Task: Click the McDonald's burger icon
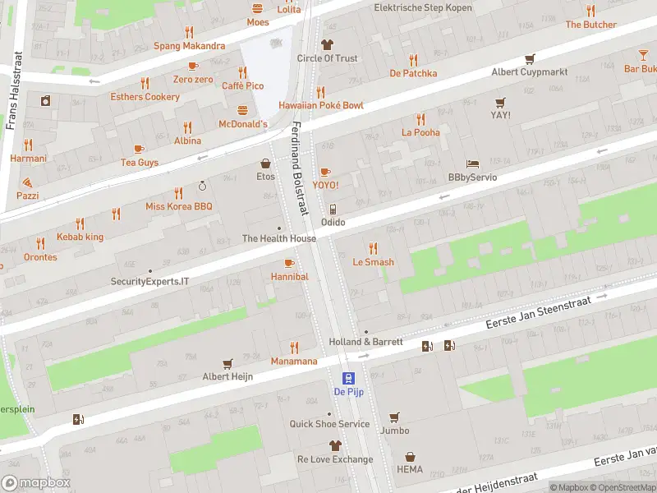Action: pyautogui.click(x=242, y=110)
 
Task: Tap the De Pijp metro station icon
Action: pyautogui.click(x=349, y=378)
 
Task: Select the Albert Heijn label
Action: pyautogui.click(x=227, y=376)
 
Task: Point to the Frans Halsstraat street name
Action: pyautogui.click(x=11, y=92)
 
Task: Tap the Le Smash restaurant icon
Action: pyautogui.click(x=373, y=248)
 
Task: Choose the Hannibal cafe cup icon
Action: pyautogui.click(x=288, y=263)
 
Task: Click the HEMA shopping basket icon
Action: pyautogui.click(x=410, y=457)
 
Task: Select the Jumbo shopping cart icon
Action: pyautogui.click(x=394, y=417)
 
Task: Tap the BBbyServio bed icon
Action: pyautogui.click(x=472, y=164)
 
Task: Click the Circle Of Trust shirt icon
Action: pyautogui.click(x=327, y=44)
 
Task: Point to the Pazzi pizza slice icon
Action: pyautogui.click(x=27, y=182)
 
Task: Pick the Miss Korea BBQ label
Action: pyautogui.click(x=178, y=206)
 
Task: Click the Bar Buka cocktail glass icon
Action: pyautogui.click(x=643, y=55)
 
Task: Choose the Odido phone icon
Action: pyautogui.click(x=333, y=209)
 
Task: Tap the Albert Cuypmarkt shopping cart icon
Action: pyautogui.click(x=530, y=58)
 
